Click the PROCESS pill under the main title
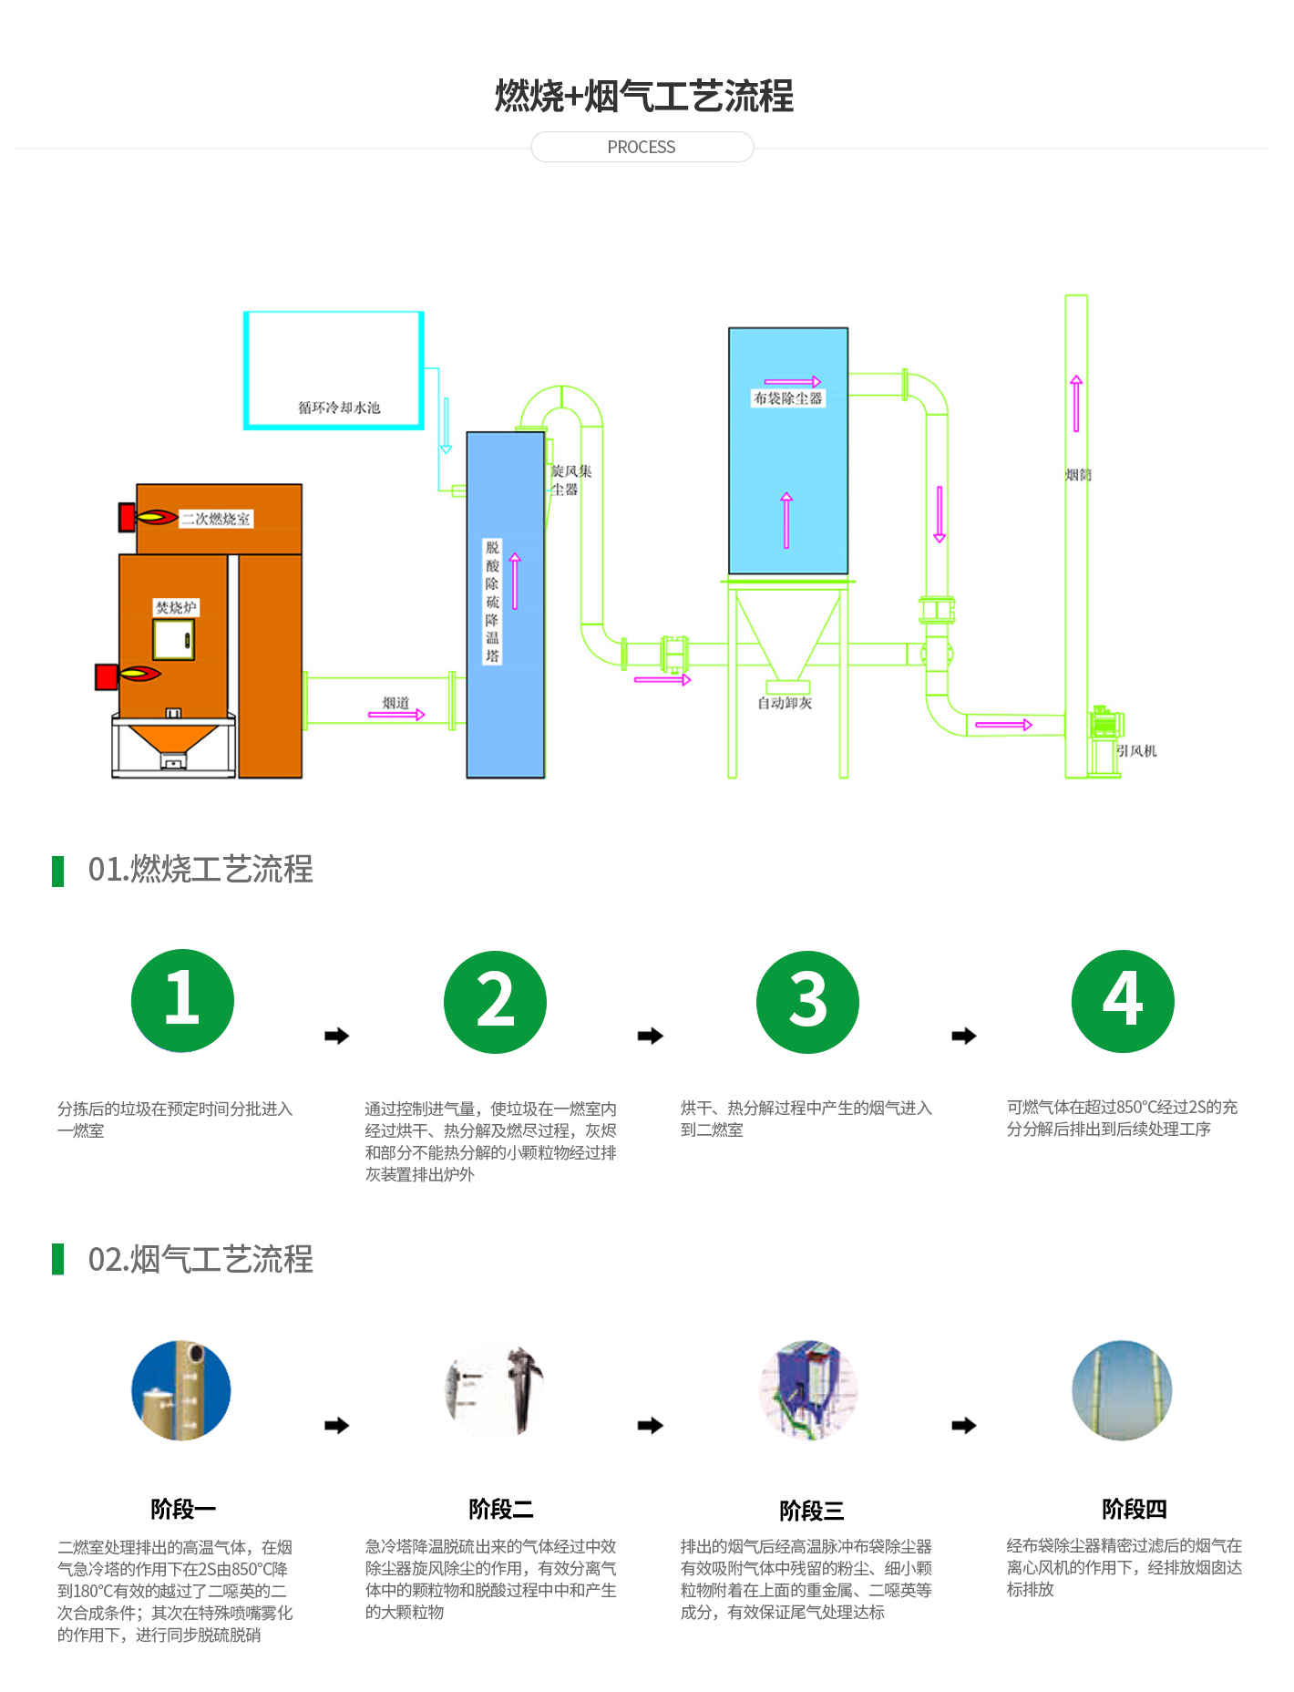coord(642,147)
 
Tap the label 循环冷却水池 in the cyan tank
coord(339,408)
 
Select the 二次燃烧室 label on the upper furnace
coord(215,519)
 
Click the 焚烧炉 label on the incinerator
coord(176,607)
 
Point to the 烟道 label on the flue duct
coord(395,702)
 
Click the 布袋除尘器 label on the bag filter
coord(787,398)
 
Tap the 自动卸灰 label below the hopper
coord(785,703)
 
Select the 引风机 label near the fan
coord(1136,750)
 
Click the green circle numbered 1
coord(182,1000)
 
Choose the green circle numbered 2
coord(495,1002)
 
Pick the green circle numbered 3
coord(807,1002)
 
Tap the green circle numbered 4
coord(1123,1001)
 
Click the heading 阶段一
coord(183,1509)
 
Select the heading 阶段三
coord(811,1511)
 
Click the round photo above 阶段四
coord(1122,1390)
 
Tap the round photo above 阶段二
coord(495,1390)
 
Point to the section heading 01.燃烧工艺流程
coord(200,870)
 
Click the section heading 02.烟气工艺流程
coord(200,1260)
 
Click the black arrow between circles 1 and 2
coord(337,1036)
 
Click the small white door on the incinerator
coord(173,639)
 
